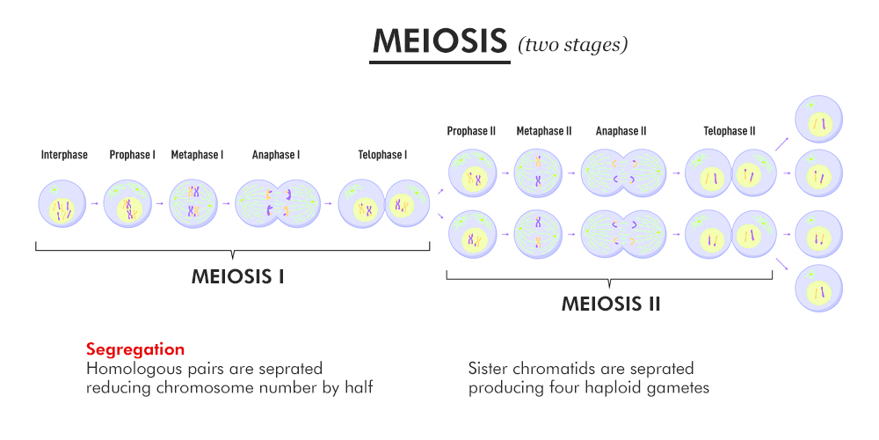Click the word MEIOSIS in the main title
click(x=439, y=41)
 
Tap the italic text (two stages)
click(x=572, y=44)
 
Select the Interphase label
click(x=64, y=155)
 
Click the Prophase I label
click(x=132, y=155)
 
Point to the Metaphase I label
click(x=197, y=155)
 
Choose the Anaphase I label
click(x=276, y=155)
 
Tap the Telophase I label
click(x=382, y=155)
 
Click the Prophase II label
click(x=471, y=131)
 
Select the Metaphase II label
click(x=544, y=131)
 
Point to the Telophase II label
click(x=729, y=131)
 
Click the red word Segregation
click(x=135, y=349)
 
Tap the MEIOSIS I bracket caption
click(x=237, y=276)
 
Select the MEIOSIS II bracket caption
click(x=611, y=304)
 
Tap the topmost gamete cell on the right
click(x=818, y=121)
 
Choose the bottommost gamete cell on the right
click(x=818, y=289)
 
